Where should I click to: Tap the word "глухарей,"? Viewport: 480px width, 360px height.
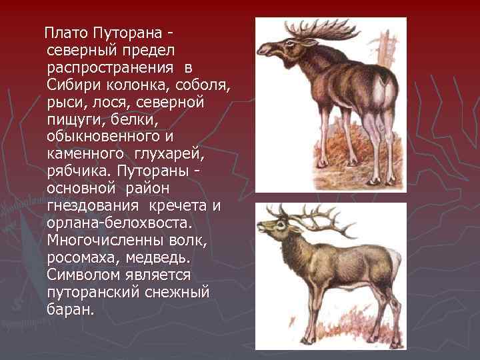coord(170,155)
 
